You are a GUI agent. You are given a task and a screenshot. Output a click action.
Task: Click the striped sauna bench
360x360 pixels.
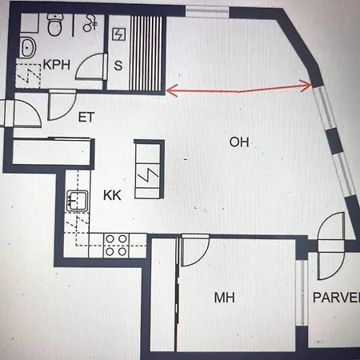click(148, 48)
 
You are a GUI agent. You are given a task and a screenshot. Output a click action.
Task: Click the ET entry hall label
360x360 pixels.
click(86, 118)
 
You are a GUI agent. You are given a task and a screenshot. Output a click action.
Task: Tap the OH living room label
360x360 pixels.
click(239, 142)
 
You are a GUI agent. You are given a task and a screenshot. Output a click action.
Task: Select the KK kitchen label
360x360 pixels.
click(112, 194)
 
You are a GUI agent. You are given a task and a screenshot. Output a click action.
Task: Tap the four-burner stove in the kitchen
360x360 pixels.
click(116, 244)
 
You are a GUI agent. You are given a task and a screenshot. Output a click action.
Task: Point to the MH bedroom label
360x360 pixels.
click(225, 298)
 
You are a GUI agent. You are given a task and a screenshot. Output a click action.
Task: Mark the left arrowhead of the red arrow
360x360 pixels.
click(169, 92)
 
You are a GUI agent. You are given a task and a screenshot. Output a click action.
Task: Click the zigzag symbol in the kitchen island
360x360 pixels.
click(149, 174)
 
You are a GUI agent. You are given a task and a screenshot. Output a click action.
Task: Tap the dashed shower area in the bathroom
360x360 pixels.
click(30, 76)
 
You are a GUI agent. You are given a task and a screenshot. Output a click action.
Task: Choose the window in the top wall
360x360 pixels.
click(206, 10)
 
